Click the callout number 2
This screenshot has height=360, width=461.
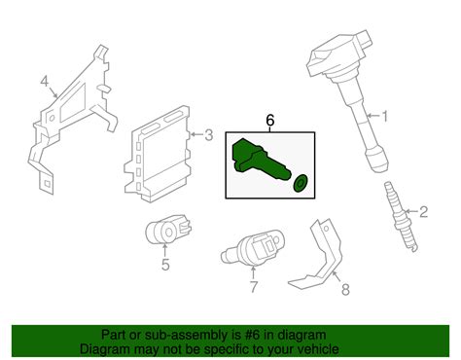[423, 211]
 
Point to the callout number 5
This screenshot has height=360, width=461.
[165, 263]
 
